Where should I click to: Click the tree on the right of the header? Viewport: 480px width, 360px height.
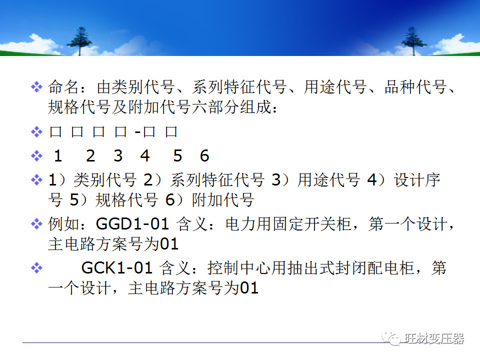414,40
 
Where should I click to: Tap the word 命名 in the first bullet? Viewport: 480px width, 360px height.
63,88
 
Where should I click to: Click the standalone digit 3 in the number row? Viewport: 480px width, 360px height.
118,156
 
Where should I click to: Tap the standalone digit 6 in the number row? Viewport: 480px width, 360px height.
204,156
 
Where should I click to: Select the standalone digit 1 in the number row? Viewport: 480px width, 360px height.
58,156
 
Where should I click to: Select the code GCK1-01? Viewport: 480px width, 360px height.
116,268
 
